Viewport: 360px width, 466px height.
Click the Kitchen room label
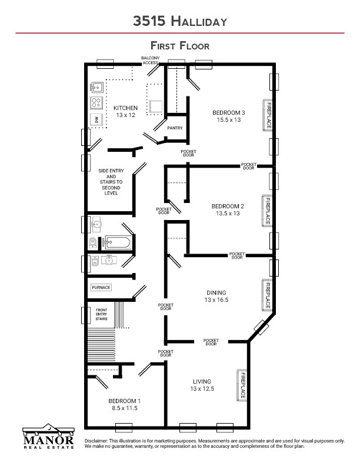coord(125,108)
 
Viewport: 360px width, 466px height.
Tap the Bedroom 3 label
coord(229,112)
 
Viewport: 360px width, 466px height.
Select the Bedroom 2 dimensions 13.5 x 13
coord(228,213)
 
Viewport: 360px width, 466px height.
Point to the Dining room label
coord(216,293)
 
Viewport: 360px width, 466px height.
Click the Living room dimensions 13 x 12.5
coord(202,388)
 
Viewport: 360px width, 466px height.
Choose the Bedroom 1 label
coord(125,401)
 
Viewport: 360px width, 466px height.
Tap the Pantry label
coord(175,128)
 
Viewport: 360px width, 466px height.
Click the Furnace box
coord(101,287)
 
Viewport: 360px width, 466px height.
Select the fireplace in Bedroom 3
coord(267,115)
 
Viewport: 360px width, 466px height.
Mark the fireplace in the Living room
coord(242,385)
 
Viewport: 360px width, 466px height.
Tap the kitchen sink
coord(97,88)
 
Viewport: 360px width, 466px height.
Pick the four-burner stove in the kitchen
coord(96,103)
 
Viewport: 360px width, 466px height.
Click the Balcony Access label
coord(151,61)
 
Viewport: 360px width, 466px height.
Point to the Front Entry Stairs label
coord(101,314)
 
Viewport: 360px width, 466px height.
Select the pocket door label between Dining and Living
coord(211,342)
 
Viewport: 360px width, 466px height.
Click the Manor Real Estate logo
coord(48,436)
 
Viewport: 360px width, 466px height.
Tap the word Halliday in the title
coord(199,22)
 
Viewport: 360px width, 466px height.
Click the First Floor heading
coord(180,46)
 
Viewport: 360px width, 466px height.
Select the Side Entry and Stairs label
coord(111,182)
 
